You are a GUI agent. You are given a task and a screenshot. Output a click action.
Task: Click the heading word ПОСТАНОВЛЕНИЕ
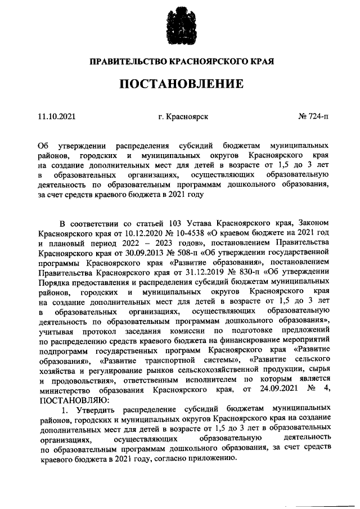181,84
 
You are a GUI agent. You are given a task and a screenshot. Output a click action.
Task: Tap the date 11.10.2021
56,117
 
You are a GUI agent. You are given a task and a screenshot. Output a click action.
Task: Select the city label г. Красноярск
183,117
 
